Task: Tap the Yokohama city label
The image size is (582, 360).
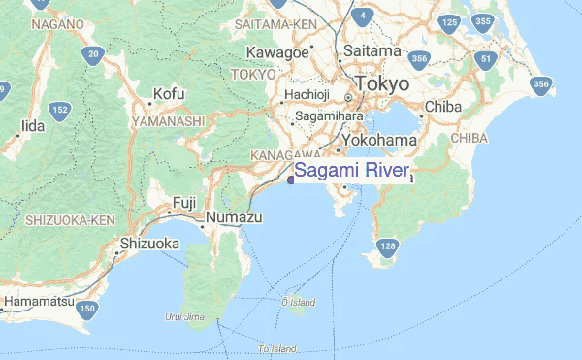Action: (381, 141)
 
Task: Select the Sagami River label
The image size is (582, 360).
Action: (352, 172)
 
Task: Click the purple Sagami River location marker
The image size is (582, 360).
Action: (290, 178)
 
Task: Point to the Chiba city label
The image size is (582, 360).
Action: (442, 106)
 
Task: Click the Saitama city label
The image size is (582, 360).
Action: (371, 50)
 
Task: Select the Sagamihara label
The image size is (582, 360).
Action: (329, 115)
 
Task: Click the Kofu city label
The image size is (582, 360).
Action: (168, 94)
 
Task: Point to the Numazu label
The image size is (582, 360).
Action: (237, 218)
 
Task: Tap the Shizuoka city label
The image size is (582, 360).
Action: (149, 244)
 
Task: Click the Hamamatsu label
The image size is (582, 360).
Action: (39, 302)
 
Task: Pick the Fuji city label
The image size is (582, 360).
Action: (184, 202)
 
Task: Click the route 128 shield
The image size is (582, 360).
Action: (388, 246)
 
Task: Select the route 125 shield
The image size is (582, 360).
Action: (448, 21)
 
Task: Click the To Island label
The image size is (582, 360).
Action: (276, 348)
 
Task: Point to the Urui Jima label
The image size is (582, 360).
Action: (186, 316)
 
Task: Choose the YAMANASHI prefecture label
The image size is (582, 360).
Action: (170, 121)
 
